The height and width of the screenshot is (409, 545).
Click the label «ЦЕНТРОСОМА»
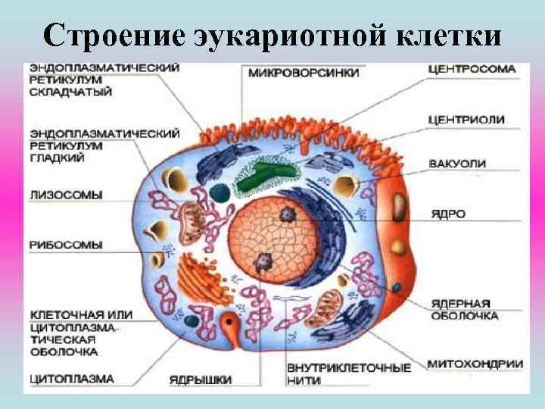pyautogui.click(x=472, y=69)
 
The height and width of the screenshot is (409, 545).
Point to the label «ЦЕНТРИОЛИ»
pyautogui.click(x=466, y=120)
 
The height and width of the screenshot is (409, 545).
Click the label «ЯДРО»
pyautogui.click(x=447, y=214)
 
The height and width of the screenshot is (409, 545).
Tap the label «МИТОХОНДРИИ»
pyautogui.click(x=475, y=364)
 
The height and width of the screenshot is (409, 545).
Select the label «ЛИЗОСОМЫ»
pyautogui.click(x=66, y=195)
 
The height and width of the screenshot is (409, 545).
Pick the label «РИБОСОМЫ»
pyautogui.click(x=66, y=245)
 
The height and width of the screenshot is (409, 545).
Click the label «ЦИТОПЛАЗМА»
pyautogui.click(x=72, y=377)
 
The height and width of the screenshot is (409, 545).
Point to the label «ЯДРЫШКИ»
pyautogui.click(x=201, y=378)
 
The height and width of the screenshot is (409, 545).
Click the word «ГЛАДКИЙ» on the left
pyautogui.click(x=57, y=158)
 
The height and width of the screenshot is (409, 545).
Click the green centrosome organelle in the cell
pyautogui.click(x=265, y=173)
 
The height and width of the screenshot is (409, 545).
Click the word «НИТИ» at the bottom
pyautogui.click(x=303, y=380)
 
